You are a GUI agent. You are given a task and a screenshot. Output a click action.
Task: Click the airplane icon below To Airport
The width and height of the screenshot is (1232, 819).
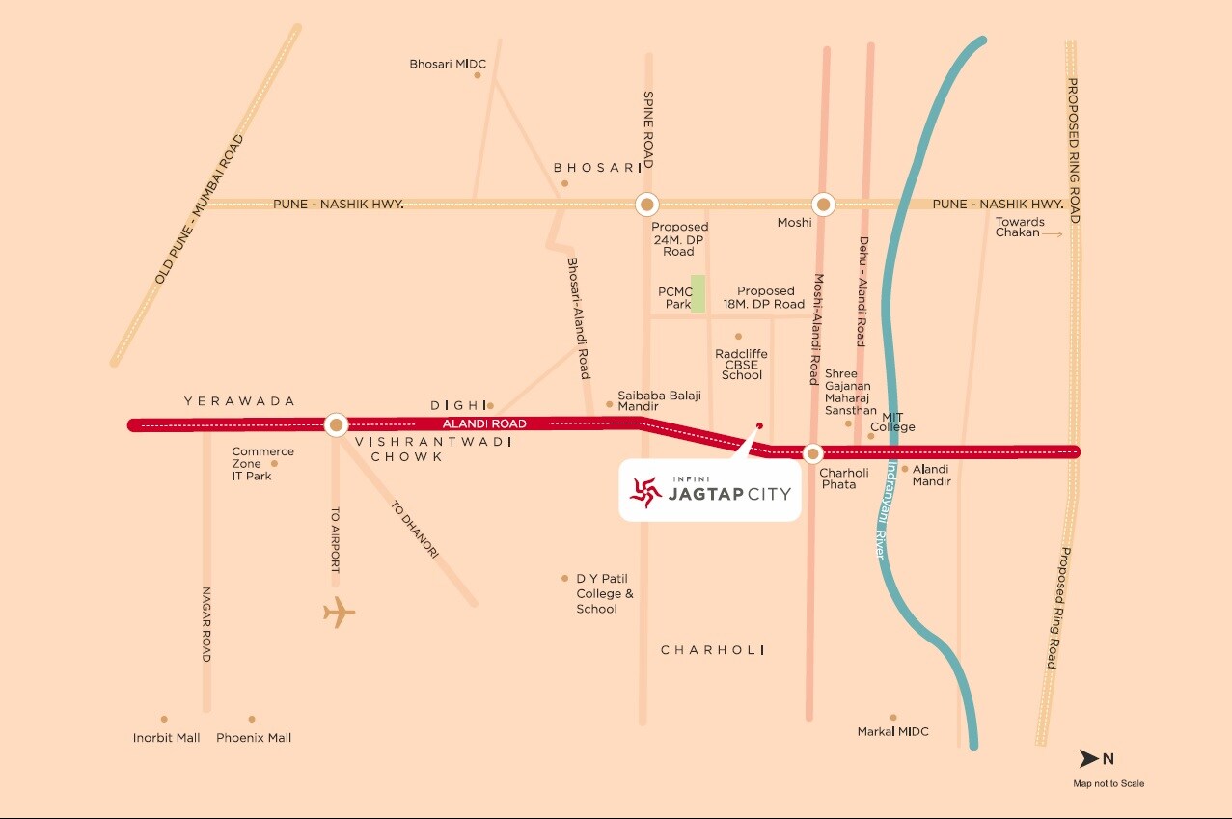pos(339,613)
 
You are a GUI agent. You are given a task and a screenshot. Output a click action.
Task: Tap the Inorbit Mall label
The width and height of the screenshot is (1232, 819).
pos(167,738)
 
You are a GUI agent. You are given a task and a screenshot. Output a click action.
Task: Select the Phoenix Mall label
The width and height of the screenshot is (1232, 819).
pos(254,738)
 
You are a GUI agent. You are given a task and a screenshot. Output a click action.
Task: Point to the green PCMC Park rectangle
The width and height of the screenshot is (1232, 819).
pos(698,293)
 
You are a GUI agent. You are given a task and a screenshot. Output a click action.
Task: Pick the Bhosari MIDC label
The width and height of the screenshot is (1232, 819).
pos(448,65)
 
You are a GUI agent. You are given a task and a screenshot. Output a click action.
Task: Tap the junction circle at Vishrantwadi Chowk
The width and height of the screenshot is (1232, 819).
pos(336,424)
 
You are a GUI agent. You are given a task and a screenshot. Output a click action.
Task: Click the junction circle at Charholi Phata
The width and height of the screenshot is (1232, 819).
pos(812,452)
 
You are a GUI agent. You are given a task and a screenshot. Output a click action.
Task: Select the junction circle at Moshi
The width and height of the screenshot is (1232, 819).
pos(823,205)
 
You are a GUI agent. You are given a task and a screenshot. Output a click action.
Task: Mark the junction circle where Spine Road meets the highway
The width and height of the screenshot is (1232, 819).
pos(646,205)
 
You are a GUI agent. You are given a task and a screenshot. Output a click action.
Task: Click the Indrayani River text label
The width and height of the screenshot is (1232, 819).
pos(886,511)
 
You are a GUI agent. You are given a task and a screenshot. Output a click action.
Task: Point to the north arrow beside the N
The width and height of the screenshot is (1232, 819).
pos(1089,758)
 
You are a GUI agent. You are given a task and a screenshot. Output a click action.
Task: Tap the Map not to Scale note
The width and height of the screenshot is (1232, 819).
pos(1109,783)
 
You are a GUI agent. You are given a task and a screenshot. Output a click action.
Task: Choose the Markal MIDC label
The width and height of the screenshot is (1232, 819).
pos(892,732)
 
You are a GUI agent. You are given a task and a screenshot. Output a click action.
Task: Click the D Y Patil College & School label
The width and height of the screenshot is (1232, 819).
pos(605,594)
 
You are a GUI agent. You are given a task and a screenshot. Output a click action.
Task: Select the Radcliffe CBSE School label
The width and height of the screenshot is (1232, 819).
pos(741,365)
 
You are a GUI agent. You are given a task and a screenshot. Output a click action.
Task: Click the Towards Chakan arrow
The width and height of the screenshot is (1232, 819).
pos(1053,233)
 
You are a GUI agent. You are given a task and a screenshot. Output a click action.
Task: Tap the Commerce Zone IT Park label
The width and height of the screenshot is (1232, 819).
pos(262,464)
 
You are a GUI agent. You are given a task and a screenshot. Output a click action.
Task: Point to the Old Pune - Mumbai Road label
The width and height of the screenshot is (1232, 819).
pos(200,209)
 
